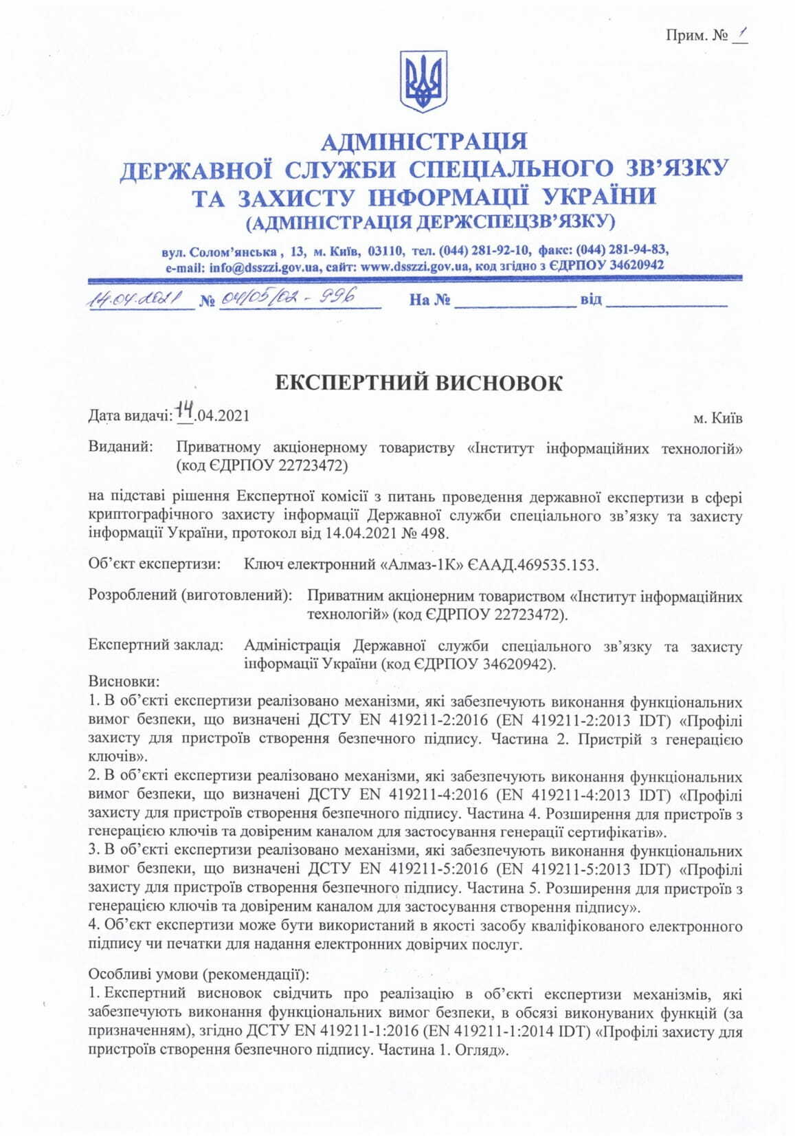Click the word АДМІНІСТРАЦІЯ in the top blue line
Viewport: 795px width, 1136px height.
[424, 142]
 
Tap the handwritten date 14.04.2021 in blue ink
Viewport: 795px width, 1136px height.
[135, 300]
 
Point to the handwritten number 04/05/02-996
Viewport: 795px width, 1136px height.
[289, 299]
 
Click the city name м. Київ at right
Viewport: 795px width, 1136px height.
[717, 418]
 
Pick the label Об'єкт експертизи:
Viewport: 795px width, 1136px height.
[155, 564]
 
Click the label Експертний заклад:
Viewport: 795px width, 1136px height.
[156, 646]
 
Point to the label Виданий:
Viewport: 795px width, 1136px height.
[120, 447]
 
